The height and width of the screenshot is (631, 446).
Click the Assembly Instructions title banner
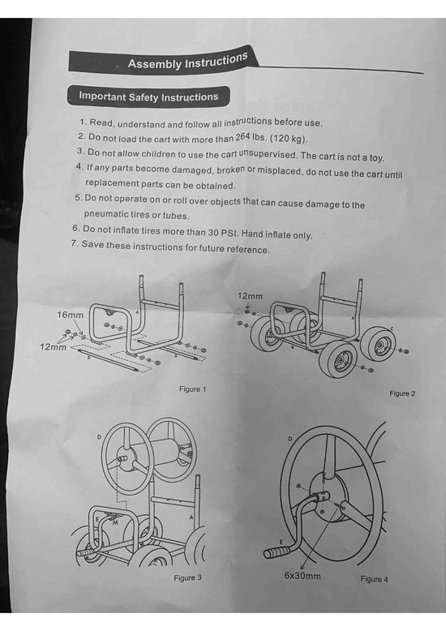pos(187,62)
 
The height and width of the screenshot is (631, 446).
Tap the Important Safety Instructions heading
pos(148,97)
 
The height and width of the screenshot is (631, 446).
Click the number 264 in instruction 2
pos(247,137)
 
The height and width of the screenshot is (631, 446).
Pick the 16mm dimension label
pos(70,313)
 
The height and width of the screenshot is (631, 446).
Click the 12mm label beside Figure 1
pos(52,346)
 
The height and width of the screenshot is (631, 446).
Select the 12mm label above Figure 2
pos(250,298)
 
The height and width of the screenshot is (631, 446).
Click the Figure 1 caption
pos(193,389)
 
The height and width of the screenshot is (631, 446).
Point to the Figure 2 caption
pos(402,393)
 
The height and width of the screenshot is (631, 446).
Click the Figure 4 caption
pos(374,579)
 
